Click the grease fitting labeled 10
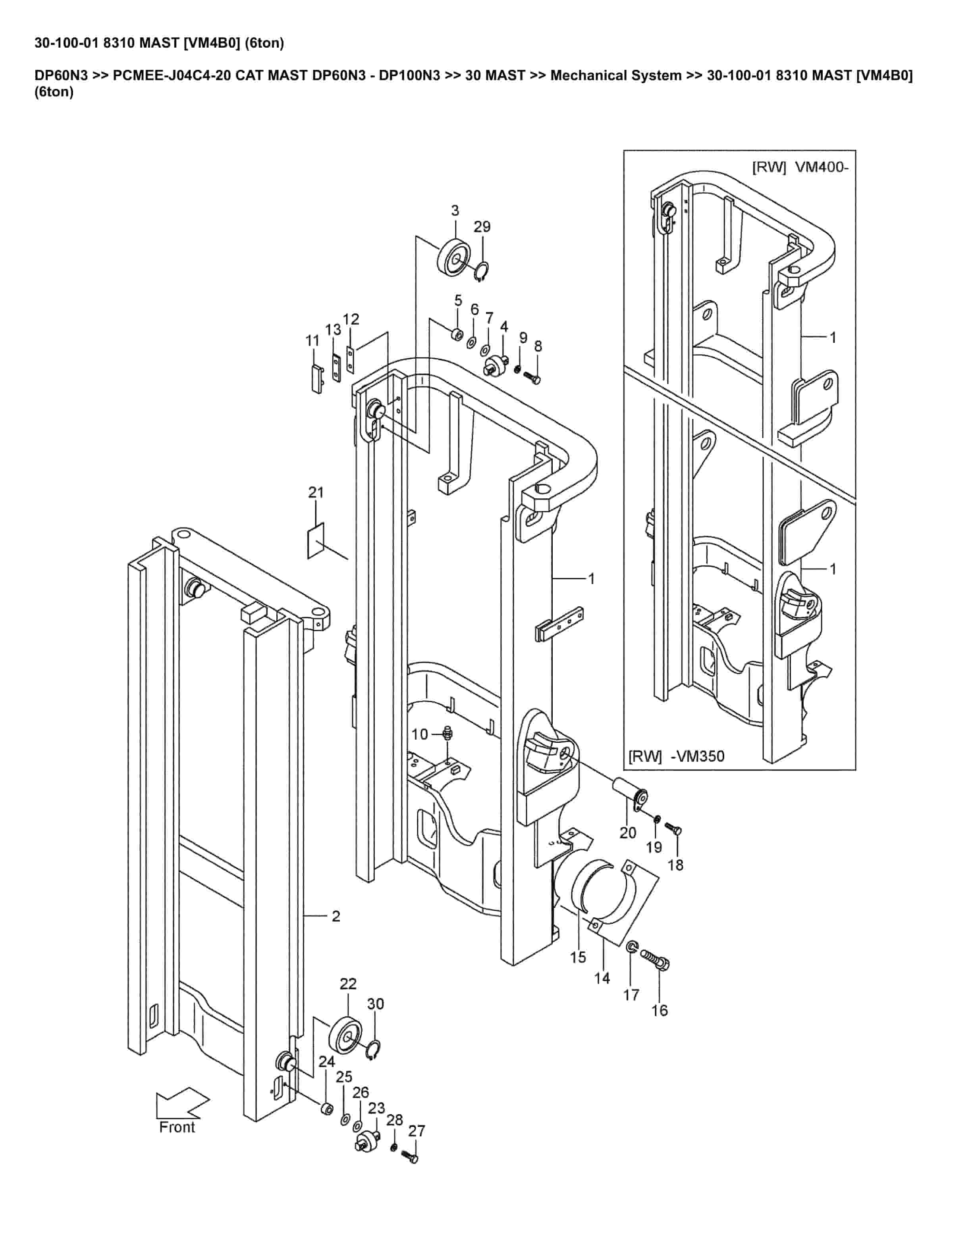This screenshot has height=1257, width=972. pos(449,733)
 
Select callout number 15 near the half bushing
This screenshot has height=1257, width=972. pos(578,957)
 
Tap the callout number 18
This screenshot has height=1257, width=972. pos(675,865)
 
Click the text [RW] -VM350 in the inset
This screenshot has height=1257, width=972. pos(676,756)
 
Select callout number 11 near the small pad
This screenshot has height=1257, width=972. pos(312,341)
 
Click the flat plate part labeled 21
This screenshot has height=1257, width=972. pos(316,540)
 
